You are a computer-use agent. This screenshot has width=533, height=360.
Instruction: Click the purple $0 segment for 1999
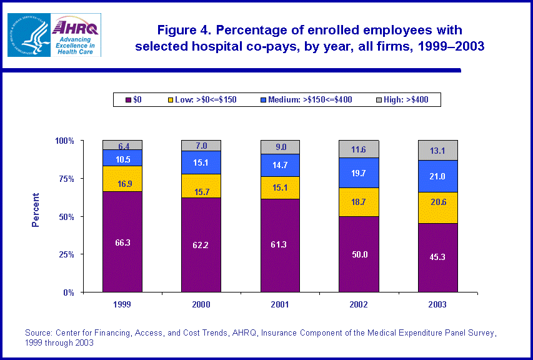click(x=122, y=242)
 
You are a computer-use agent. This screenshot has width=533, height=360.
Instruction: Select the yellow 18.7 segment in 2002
click(x=359, y=202)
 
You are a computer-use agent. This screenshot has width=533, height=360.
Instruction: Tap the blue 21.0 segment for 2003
click(x=437, y=176)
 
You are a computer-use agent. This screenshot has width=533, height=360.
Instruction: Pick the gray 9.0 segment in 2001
click(x=280, y=147)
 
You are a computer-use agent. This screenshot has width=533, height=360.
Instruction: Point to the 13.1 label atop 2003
click(x=437, y=150)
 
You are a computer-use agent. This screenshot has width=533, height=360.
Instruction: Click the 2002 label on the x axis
click(x=359, y=304)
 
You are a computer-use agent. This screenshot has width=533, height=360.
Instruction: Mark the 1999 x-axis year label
click(x=122, y=304)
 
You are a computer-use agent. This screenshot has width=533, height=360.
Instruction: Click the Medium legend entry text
click(x=310, y=99)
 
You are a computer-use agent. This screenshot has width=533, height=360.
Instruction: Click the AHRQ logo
click(x=76, y=35)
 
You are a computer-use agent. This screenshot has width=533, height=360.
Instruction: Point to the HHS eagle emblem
click(x=29, y=35)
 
